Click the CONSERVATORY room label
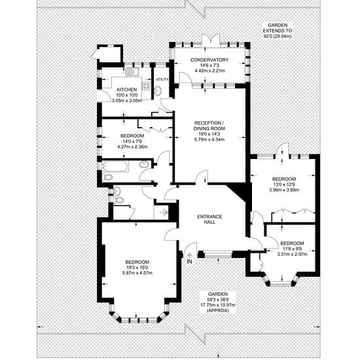(x=209, y=60)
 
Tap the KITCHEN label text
(x=127, y=90)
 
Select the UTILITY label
(x=162, y=79)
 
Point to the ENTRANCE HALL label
(x=209, y=219)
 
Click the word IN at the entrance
(x=189, y=262)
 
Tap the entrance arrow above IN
(x=190, y=255)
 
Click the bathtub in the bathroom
(x=115, y=166)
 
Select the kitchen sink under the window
(x=132, y=71)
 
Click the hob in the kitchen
(x=147, y=86)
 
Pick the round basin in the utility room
(x=158, y=90)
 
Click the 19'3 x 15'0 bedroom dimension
(x=137, y=268)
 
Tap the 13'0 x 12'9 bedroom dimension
(x=284, y=185)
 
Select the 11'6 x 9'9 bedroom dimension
(x=292, y=249)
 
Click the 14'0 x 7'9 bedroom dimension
(x=132, y=141)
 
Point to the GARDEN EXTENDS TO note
(x=278, y=31)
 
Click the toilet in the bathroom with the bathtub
(x=107, y=177)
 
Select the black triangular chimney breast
(x=239, y=192)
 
